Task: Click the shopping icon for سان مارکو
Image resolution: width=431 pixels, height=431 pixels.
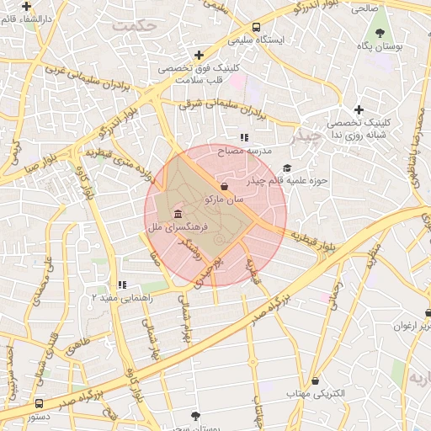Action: click(x=223, y=186)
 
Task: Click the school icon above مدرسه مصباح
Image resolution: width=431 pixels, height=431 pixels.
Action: click(x=245, y=137)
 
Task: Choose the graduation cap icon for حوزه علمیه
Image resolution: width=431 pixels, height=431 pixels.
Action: click(x=287, y=168)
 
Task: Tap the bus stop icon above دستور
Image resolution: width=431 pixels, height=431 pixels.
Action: click(x=40, y=403)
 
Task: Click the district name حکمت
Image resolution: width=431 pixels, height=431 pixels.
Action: click(x=139, y=26)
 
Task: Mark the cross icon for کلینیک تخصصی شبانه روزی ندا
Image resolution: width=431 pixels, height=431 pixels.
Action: click(x=359, y=109)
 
